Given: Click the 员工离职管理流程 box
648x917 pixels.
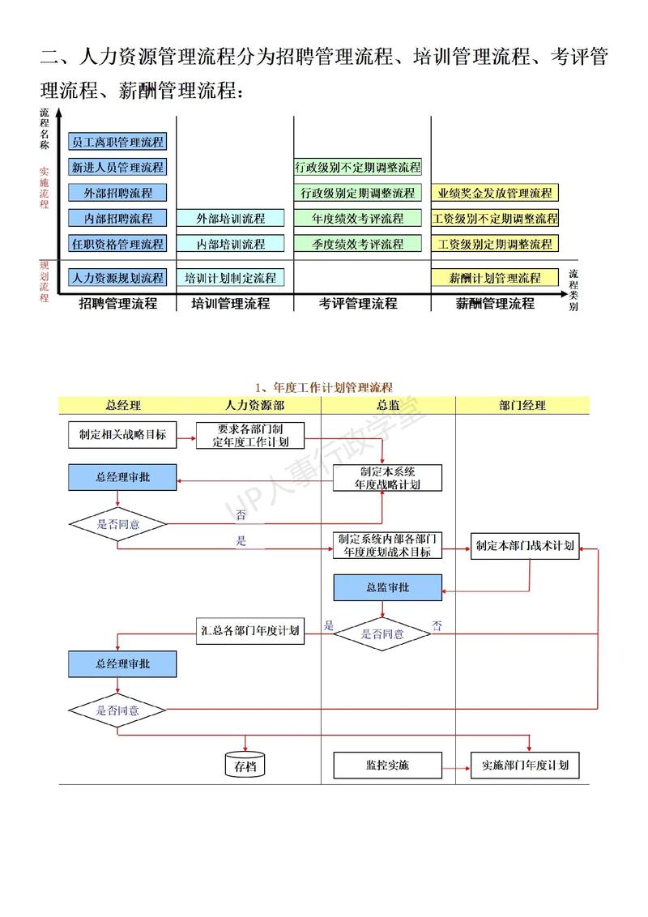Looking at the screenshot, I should [x=117, y=142].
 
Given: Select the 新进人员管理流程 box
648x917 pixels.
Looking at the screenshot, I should [x=117, y=167].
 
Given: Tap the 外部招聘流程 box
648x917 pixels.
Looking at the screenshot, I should [x=117, y=193].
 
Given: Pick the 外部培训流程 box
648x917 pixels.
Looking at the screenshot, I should [x=231, y=218].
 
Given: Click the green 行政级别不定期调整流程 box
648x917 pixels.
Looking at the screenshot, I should [x=357, y=168].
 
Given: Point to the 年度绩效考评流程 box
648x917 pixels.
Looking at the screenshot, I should [x=357, y=218].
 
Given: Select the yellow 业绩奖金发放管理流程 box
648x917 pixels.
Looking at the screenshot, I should [x=495, y=193].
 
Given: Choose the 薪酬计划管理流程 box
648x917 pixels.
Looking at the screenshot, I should [x=495, y=278].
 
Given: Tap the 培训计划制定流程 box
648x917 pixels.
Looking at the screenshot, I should [x=231, y=278].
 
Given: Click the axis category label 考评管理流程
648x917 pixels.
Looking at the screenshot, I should [x=358, y=304].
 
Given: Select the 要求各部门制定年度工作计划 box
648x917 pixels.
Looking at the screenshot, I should [x=249, y=435].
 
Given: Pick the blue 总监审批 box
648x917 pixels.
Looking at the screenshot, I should [x=388, y=587].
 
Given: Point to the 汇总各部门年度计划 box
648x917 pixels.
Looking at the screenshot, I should [x=250, y=630].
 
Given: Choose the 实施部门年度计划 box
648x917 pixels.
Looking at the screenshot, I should [x=525, y=765].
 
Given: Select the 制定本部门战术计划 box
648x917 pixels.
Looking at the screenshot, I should [x=525, y=545].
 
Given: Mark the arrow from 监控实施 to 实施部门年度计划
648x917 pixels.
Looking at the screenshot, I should [x=457, y=765].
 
